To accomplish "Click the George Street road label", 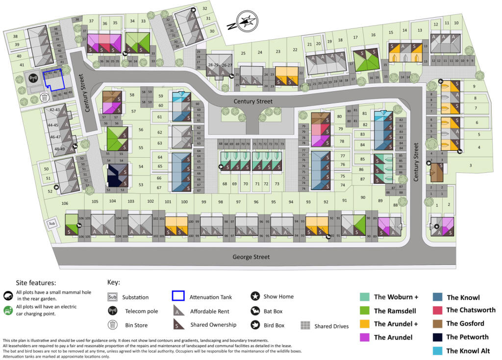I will pos(251,257).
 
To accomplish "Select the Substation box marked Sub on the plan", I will pos(52,224).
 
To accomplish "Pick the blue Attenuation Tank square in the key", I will pos(178,296).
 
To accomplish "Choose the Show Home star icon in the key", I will pos(255,296).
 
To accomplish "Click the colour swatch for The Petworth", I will pos(438,337).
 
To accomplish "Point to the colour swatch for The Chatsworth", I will pos(438,310).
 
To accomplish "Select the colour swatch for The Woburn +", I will pos(365,297).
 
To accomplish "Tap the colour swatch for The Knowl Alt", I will pos(438,351).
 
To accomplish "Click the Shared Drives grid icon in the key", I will pos(305,326).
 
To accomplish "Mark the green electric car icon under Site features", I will pos(8,310).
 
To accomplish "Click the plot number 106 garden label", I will pos(64,203).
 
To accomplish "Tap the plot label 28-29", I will pos(213,65).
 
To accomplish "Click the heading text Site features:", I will pos(36,283).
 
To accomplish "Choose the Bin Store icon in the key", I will pos(112,325).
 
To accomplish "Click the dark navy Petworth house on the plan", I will pos(118,175).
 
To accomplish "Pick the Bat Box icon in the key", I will pos(255,311).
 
